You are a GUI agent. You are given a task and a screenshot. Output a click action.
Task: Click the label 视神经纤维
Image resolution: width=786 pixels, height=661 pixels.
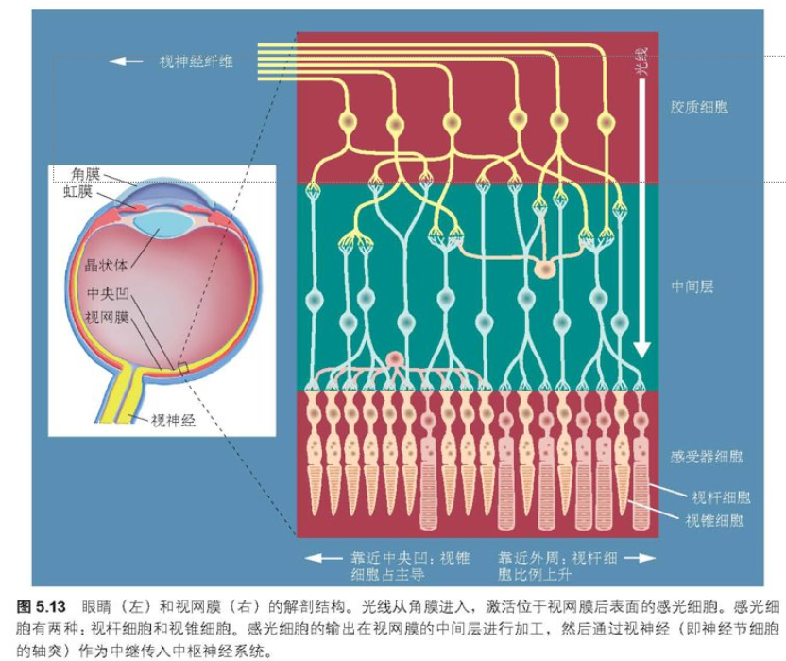[x=196, y=61]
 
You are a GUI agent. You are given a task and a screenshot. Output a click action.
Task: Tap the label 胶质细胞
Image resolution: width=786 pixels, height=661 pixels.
[x=699, y=107]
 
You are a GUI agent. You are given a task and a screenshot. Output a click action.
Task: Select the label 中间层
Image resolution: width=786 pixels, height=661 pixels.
[x=692, y=285]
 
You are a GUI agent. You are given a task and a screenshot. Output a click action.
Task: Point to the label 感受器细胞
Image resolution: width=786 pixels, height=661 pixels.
[x=707, y=457]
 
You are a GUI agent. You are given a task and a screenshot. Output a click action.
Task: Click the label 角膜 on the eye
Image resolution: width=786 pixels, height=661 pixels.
[x=86, y=173]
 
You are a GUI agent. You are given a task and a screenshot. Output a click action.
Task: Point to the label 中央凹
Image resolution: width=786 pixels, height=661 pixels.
[x=106, y=293]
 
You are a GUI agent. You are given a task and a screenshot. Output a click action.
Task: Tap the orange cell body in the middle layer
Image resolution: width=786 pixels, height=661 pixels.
[x=544, y=270]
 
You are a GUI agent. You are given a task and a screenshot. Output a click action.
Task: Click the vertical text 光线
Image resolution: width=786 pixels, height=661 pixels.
[x=641, y=63]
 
